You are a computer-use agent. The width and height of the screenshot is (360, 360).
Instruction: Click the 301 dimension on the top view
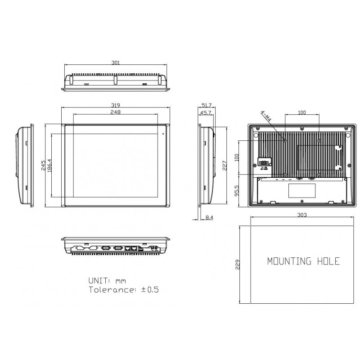pyautogui.click(x=115, y=63)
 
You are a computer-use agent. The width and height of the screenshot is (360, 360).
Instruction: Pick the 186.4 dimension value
pyautogui.click(x=50, y=165)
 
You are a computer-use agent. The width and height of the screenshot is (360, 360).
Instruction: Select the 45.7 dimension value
pyautogui.click(x=207, y=112)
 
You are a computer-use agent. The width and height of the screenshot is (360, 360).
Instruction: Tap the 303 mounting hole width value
pyautogui.click(x=302, y=216)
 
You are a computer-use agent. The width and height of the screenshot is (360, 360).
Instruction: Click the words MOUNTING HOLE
pyautogui.click(x=303, y=261)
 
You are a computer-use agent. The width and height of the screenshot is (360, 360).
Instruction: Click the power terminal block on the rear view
pyautogui.click(x=263, y=163)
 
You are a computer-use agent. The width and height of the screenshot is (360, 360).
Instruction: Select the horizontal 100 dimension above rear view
pyautogui.click(x=302, y=112)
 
